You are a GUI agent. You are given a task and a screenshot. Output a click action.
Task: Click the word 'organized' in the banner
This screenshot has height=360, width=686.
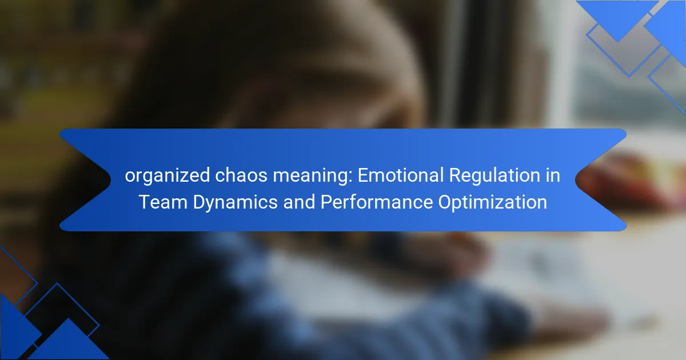[x=167, y=177]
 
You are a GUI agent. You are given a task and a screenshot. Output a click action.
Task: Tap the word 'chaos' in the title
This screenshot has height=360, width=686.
[x=241, y=176]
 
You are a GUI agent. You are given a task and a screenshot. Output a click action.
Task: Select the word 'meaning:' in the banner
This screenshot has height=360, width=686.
[x=313, y=177]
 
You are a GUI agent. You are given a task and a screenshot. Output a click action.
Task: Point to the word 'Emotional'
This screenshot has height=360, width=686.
[x=401, y=175]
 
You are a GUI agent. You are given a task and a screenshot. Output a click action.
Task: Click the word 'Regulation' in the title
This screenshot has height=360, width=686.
[x=494, y=177]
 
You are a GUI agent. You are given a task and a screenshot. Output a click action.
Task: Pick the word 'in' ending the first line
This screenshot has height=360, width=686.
[x=552, y=175]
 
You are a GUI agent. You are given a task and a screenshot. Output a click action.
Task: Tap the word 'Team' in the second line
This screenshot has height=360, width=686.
[x=163, y=202]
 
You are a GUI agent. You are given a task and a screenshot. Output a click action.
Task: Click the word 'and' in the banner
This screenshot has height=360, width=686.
[x=299, y=202]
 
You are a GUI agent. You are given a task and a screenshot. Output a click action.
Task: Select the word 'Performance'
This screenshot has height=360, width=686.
[x=376, y=202]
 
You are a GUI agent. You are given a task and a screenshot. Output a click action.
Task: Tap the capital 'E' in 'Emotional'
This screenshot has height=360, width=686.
[x=363, y=175]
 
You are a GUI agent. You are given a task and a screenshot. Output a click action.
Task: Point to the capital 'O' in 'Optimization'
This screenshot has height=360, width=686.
[x=446, y=202]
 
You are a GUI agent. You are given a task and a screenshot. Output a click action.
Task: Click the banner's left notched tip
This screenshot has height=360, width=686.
[x=110, y=179]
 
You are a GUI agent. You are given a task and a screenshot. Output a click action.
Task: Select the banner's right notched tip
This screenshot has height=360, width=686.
[x=576, y=179]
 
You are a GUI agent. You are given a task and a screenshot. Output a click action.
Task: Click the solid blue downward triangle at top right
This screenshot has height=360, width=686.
[x=618, y=18]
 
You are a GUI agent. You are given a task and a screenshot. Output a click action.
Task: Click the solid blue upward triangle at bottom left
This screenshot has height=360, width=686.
[x=69, y=343]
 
